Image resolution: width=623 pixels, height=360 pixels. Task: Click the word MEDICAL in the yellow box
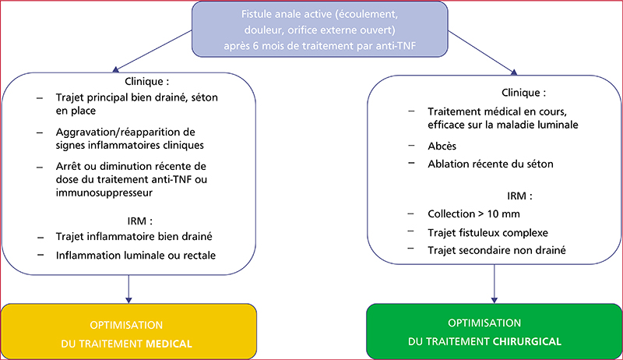click(169, 344)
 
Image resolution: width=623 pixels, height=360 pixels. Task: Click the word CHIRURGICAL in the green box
click(527, 341)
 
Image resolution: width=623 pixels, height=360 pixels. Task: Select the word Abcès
click(442, 146)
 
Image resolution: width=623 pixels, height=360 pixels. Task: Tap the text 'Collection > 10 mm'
click(473, 214)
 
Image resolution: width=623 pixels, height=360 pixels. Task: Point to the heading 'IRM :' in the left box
click(140, 221)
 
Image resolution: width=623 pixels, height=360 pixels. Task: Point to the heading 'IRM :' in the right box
click(519, 196)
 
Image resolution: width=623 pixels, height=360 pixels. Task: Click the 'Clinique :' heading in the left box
click(147, 82)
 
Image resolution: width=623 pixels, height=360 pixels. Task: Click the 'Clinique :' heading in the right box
click(523, 93)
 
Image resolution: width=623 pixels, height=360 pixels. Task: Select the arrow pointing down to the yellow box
click(128, 289)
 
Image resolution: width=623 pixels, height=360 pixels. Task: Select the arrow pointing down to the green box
click(495, 284)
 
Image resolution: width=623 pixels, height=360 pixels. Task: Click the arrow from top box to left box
click(153, 51)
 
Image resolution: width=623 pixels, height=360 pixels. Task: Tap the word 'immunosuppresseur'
click(104, 193)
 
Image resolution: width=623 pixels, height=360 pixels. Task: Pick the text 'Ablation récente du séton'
click(491, 164)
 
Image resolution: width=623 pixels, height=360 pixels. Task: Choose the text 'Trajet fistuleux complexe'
click(488, 232)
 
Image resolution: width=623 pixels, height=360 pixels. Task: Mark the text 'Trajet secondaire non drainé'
click(497, 250)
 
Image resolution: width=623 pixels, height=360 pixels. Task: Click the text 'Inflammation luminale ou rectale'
click(136, 255)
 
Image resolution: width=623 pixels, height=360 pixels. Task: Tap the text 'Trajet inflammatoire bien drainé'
click(134, 236)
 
